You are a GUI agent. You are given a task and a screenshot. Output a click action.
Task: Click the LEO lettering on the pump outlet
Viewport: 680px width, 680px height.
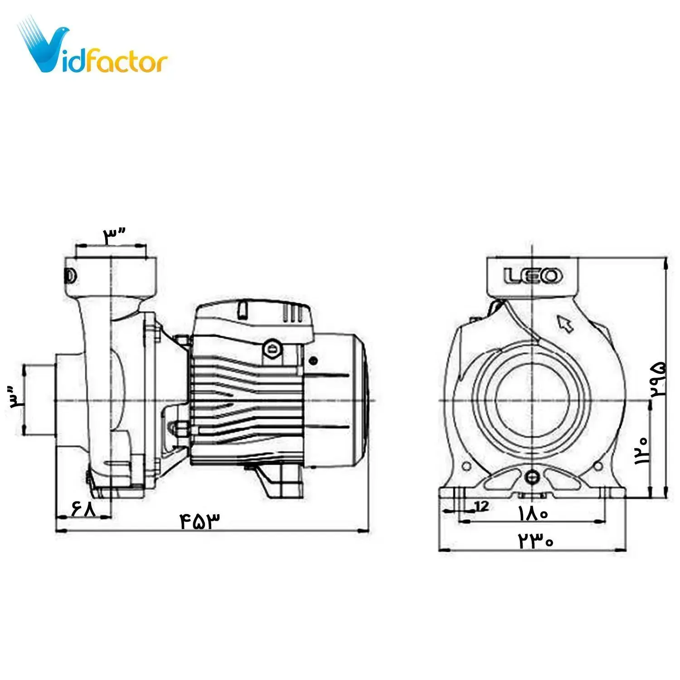point(533,276)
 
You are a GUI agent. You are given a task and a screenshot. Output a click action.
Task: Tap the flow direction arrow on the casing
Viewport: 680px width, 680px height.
point(565,324)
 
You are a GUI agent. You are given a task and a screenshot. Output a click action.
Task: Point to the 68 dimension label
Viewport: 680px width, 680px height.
point(84,508)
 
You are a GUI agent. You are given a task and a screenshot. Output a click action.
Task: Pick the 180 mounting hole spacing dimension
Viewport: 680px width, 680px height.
point(534,514)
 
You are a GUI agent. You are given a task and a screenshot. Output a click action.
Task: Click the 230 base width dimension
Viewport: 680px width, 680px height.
point(536,541)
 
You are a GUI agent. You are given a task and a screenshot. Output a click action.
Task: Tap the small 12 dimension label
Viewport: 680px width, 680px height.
point(482,505)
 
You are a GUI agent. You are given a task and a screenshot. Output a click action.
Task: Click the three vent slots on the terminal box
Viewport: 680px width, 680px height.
point(293,313)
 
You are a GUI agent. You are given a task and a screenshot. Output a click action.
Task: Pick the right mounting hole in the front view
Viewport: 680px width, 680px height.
point(598,466)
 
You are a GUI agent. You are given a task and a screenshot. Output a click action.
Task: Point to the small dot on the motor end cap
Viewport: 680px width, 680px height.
point(313,361)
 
